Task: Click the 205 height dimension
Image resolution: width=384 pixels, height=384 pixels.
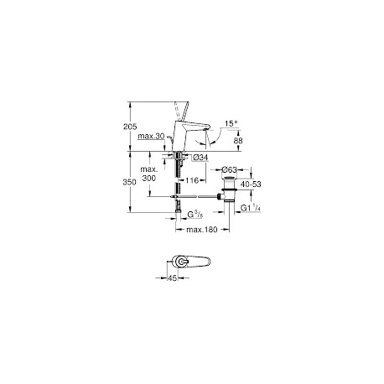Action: tap(130, 127)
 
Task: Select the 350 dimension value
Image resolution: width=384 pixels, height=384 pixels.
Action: tap(130, 182)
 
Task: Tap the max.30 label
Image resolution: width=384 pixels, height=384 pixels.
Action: tap(151, 136)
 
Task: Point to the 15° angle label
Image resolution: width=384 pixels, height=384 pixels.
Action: tap(231, 123)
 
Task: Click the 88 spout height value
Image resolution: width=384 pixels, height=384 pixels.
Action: tap(238, 141)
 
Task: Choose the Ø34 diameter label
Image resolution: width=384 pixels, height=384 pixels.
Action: tap(201, 158)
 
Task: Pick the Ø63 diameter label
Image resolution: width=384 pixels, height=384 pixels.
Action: tap(229, 169)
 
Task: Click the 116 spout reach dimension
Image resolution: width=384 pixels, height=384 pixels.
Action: tap(192, 180)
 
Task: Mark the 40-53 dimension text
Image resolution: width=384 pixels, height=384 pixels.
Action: tap(252, 184)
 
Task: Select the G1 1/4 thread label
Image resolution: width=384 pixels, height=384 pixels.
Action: tap(251, 208)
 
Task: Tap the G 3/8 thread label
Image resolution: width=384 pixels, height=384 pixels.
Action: tap(195, 215)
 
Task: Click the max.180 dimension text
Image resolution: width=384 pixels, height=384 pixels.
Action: tap(202, 230)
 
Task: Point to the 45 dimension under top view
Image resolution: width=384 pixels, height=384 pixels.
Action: tap(173, 278)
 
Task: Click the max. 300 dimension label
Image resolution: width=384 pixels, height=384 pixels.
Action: tap(149, 174)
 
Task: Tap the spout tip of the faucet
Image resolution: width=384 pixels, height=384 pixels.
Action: tap(206, 128)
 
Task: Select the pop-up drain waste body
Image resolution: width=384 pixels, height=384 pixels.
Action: tap(230, 189)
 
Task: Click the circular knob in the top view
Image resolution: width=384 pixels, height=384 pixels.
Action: tap(181, 262)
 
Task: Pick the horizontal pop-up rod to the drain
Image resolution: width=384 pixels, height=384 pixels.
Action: tap(195, 197)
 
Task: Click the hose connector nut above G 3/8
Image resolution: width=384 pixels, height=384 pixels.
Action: tap(178, 211)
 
